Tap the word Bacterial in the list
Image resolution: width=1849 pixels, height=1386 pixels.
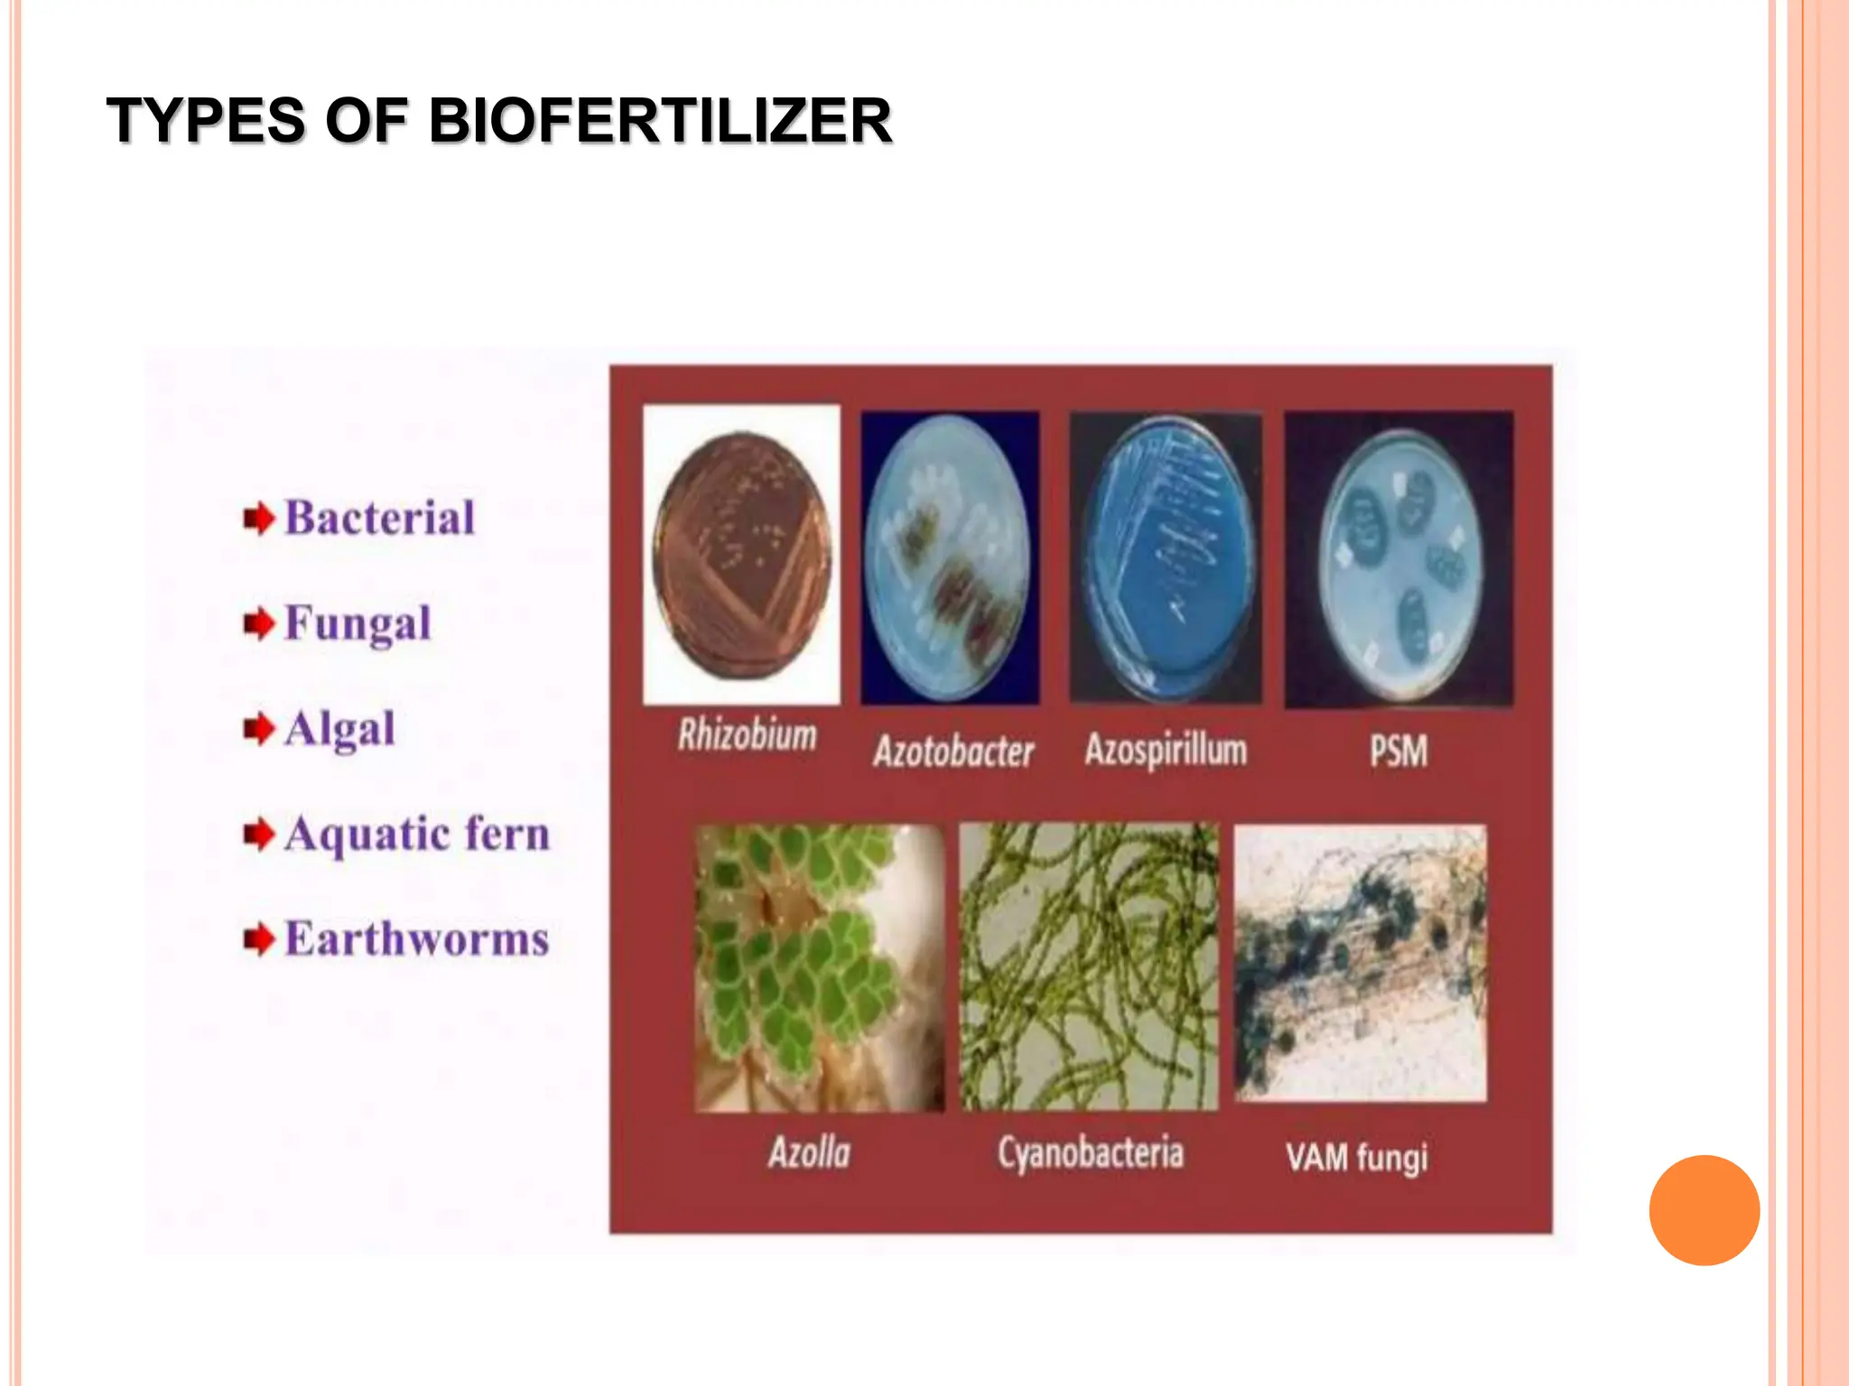point(379,518)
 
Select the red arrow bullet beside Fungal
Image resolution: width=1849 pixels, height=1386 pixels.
point(258,624)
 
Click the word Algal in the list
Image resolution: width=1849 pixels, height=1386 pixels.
point(339,729)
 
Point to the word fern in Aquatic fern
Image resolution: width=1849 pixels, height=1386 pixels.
point(506,834)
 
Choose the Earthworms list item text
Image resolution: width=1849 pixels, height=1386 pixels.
point(416,938)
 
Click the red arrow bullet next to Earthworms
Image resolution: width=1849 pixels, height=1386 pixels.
point(258,939)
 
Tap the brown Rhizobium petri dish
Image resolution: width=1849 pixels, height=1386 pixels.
point(742,554)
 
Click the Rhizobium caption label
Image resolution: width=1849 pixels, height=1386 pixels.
point(747,735)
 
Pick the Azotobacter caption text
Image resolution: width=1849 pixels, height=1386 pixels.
point(952,751)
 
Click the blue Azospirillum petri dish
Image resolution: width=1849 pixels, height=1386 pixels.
point(1166,556)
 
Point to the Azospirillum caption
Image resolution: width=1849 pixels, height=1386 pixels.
point(1166,749)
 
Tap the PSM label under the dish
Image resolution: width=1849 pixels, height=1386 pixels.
point(1398,751)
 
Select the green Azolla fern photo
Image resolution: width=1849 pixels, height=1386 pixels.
point(819,967)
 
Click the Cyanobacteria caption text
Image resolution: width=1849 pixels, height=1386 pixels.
point(1090,1153)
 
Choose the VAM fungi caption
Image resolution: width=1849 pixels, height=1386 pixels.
point(1356,1157)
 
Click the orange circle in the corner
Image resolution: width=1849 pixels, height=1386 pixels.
point(1704,1210)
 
